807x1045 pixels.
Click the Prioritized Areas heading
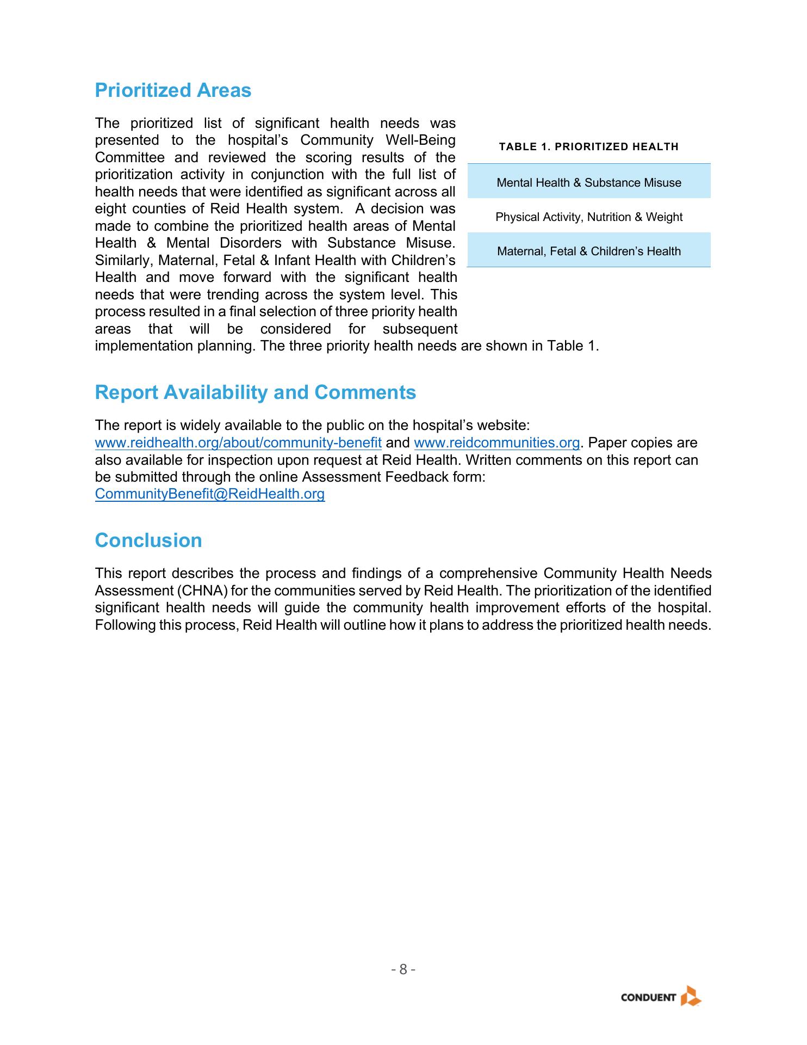[173, 90]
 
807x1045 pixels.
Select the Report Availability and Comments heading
[255, 392]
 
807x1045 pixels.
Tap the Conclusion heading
[148, 540]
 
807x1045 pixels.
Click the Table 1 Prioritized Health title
[588, 147]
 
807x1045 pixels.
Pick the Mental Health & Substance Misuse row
[588, 183]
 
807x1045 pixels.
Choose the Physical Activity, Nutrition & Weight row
[588, 217]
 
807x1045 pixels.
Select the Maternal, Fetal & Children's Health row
[588, 251]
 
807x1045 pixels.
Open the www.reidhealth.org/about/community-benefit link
[238, 443]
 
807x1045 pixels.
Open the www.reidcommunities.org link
[496, 443]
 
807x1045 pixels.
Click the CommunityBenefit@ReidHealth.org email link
[210, 494]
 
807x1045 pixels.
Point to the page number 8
[403, 969]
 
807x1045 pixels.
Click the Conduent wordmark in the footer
[648, 998]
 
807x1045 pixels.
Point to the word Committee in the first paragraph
[129, 158]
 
